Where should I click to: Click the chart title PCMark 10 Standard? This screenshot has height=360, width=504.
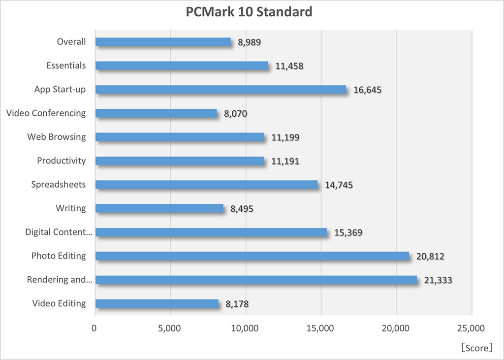click(249, 12)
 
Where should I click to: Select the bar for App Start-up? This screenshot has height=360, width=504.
click(221, 90)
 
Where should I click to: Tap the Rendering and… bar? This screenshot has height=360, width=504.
click(256, 280)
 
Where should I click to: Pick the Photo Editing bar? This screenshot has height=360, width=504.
click(252, 256)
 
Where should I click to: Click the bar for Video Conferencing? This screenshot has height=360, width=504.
click(156, 113)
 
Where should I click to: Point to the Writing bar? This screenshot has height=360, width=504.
click(159, 208)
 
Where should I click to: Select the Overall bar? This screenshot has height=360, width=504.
click(163, 42)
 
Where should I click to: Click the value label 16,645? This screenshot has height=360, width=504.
click(368, 90)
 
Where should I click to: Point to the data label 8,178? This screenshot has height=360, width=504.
click(237, 304)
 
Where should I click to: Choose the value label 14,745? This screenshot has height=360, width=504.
click(339, 185)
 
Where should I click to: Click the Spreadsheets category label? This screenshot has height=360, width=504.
click(58, 185)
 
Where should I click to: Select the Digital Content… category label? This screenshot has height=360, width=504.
click(59, 232)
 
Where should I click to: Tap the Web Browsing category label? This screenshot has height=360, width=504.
click(56, 137)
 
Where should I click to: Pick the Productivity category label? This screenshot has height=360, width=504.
click(61, 161)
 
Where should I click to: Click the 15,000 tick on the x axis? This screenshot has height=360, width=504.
click(321, 328)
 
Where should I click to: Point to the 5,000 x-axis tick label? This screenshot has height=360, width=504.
click(170, 328)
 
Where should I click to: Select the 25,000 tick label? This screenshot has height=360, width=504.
click(472, 328)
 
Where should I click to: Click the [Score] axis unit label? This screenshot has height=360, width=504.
click(476, 348)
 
